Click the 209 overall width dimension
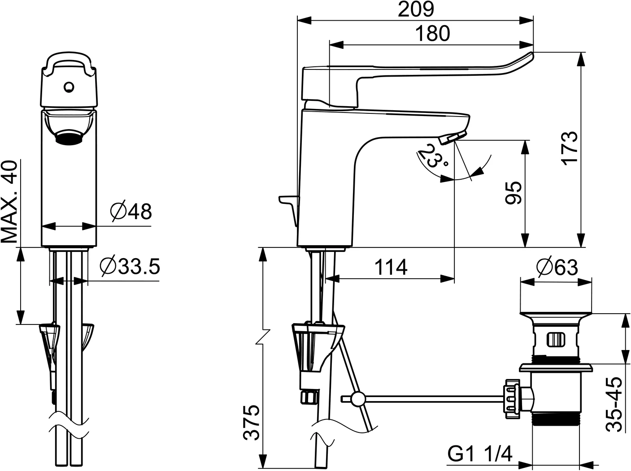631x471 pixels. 416,10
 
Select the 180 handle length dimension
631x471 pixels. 433,33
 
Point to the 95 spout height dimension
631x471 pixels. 514,193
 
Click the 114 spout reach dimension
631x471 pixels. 391,267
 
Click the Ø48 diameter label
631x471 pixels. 131,212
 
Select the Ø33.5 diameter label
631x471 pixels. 130,266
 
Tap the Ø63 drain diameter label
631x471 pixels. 557,267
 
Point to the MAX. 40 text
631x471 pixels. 9,202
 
